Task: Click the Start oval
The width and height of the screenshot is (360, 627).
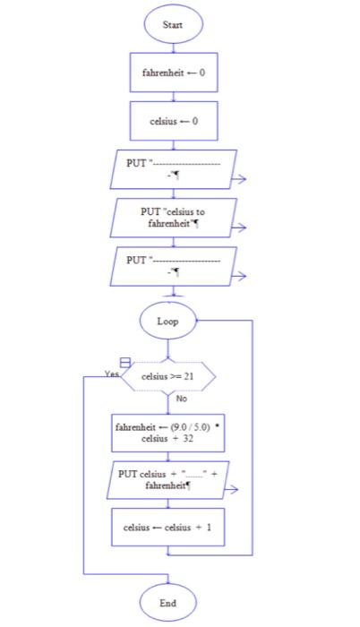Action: click(x=173, y=24)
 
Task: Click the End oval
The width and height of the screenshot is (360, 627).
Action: click(x=167, y=603)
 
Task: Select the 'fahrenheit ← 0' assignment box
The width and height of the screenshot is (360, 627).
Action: click(x=173, y=73)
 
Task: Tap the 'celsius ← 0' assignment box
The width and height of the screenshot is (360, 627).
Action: click(x=173, y=121)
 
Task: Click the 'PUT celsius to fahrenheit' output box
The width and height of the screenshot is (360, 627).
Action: click(x=173, y=218)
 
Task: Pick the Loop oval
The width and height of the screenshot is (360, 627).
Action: click(x=167, y=321)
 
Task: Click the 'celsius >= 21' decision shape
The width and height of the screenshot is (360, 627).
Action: click(x=168, y=377)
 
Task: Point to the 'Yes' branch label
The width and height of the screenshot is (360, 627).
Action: click(x=111, y=374)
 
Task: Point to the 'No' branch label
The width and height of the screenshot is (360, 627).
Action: click(x=182, y=399)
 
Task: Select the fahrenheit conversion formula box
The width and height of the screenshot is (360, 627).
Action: click(x=167, y=434)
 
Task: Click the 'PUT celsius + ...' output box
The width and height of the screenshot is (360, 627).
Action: click(x=167, y=479)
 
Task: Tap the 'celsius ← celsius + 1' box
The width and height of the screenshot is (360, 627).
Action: click(x=167, y=528)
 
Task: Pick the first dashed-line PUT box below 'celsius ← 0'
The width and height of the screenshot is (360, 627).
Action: click(x=173, y=169)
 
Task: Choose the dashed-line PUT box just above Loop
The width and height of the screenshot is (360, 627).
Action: click(x=173, y=266)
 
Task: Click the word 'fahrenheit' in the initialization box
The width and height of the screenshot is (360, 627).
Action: click(x=161, y=73)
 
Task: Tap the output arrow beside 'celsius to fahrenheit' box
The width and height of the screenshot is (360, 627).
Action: click(x=239, y=228)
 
